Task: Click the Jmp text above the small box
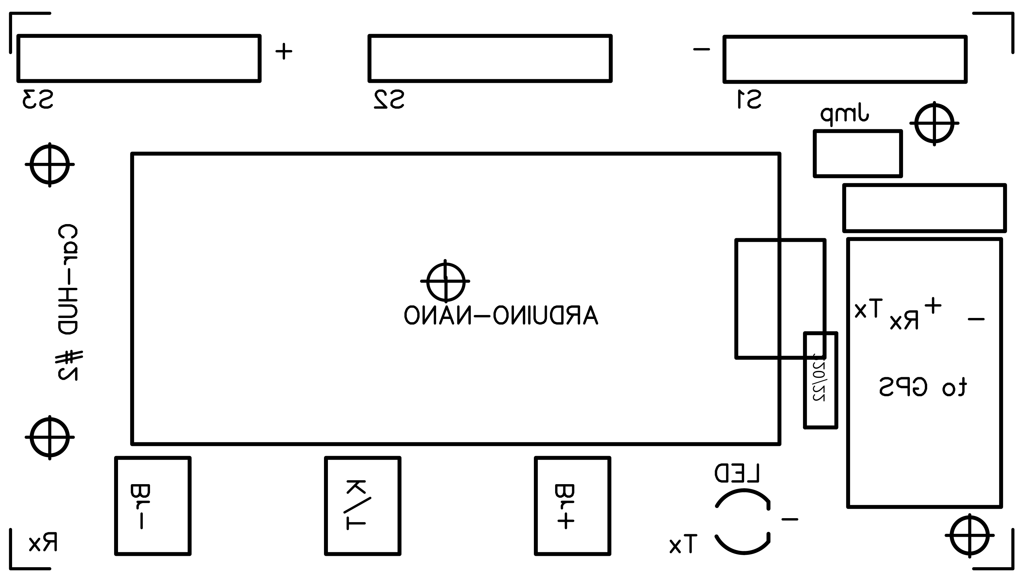pyautogui.click(x=845, y=114)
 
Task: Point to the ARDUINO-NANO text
pyautogui.click(x=501, y=315)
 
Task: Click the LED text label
pyautogui.click(x=737, y=474)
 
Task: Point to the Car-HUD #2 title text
pyautogui.click(x=68, y=303)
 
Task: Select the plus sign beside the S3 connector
pyautogui.click(x=284, y=51)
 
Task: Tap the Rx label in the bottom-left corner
pyautogui.click(x=43, y=543)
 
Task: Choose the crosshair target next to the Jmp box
pyautogui.click(x=934, y=123)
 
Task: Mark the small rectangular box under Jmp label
pyautogui.click(x=858, y=153)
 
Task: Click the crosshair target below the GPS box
pyautogui.click(x=969, y=535)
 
